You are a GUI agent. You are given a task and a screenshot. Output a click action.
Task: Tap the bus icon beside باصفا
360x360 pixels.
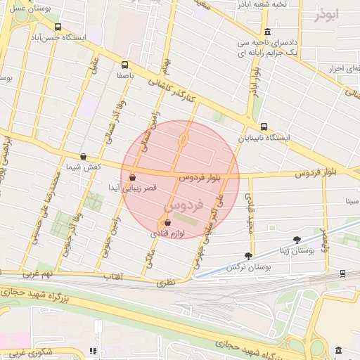tap(125, 64)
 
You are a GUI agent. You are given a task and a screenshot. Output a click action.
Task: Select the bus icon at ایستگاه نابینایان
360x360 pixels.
tap(264, 127)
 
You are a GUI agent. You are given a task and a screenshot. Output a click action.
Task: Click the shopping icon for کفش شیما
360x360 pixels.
tap(84, 156)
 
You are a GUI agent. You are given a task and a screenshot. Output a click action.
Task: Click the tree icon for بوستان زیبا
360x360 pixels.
tap(296, 240)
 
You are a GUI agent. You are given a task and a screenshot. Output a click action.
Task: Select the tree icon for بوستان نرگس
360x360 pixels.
tap(247, 256)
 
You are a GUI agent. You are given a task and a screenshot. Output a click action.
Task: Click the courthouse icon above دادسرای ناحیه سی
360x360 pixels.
tap(267, 32)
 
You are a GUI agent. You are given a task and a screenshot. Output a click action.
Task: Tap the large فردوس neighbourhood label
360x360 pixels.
tap(184, 205)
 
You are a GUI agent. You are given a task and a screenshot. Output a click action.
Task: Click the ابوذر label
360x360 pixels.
tap(326, 13)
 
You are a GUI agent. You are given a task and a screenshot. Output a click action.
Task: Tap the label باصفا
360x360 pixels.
tap(125, 75)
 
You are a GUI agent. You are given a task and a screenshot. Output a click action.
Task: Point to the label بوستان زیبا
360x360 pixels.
tap(295, 250)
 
